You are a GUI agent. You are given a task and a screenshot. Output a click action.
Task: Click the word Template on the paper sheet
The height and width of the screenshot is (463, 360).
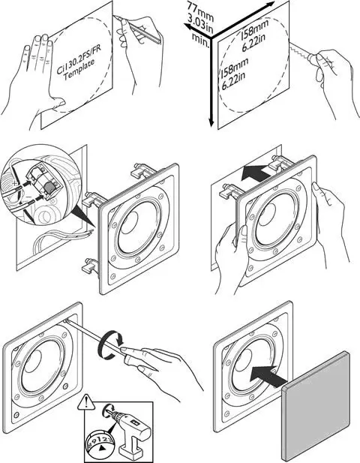(x=79, y=70)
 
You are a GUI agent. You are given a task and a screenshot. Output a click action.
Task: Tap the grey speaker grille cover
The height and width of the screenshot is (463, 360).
(x=316, y=406)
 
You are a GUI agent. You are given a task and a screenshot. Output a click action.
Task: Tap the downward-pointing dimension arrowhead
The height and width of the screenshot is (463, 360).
(x=211, y=122)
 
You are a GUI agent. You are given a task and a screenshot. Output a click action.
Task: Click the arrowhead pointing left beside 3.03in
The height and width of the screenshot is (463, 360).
(x=189, y=27)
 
